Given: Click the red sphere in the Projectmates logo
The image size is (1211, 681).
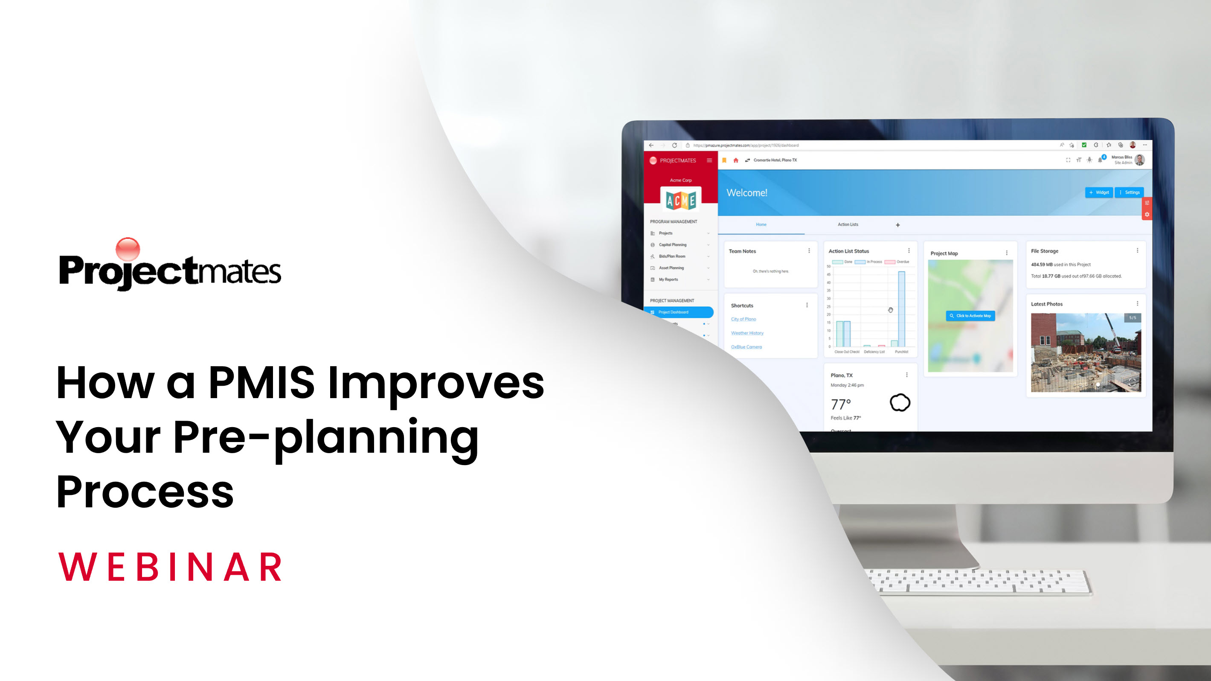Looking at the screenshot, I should coord(128,249).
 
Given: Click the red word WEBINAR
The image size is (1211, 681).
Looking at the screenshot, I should coord(170,567).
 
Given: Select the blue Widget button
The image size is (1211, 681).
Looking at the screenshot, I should coord(1099,192).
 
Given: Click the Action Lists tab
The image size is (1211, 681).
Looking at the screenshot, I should coord(848,225).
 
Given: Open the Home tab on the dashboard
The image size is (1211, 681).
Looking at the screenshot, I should coord(761,225).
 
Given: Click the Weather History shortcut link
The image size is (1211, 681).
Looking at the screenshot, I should coord(747,333).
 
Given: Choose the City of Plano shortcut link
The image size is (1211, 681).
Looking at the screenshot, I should coord(743,319).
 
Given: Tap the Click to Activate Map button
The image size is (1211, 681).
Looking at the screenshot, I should coord(970,316).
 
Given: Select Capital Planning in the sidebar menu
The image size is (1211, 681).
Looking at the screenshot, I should coord(673,245).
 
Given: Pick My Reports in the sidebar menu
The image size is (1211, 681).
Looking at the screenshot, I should coord(668,280).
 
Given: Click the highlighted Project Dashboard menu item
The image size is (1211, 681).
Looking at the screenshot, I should coord(678,312).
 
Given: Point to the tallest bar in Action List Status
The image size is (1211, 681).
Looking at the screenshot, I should coord(901,308).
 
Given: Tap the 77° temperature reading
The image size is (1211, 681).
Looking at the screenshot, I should coord(841,405).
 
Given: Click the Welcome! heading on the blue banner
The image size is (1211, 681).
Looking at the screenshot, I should coord(746,193).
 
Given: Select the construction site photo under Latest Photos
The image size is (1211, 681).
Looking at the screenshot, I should coord(1086,353).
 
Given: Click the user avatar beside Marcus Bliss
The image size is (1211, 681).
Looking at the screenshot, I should coord(1139,160).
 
